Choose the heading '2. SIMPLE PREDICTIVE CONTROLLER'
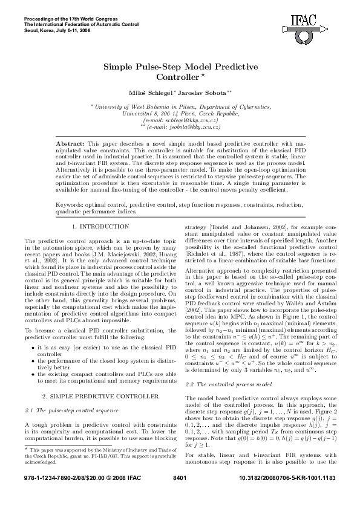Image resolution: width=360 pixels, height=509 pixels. coord(97,379)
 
